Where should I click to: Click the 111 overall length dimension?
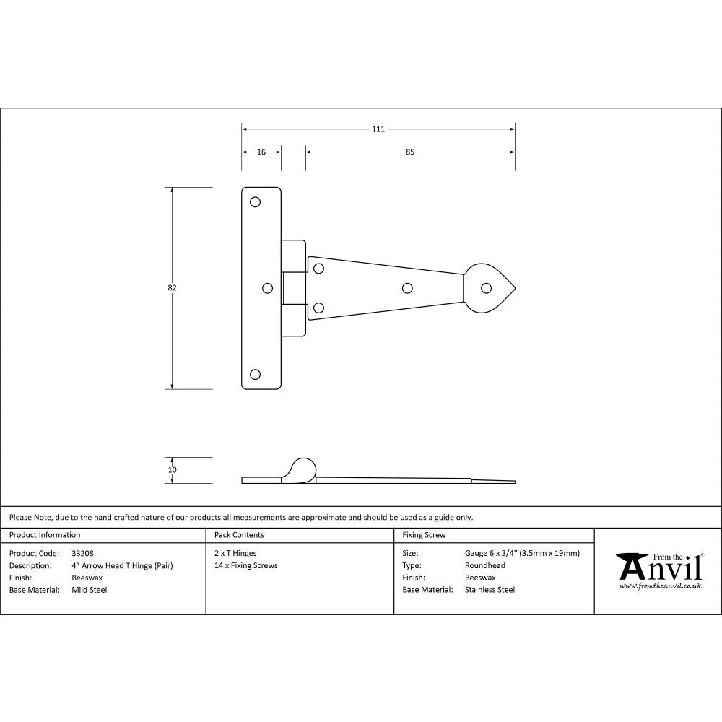click(378, 129)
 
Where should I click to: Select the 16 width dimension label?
click(261, 152)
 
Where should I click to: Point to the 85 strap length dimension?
click(409, 152)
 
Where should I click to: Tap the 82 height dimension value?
click(172, 288)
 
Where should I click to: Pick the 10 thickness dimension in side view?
click(172, 470)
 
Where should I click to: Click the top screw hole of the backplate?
click(255, 202)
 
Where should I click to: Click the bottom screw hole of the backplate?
click(255, 374)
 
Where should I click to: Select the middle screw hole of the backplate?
click(268, 288)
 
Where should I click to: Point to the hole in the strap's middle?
click(406, 288)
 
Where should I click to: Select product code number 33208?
click(83, 553)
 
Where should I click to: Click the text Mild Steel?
click(90, 590)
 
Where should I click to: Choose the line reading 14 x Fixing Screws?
click(246, 565)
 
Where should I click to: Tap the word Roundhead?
click(485, 565)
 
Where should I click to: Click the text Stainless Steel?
click(490, 590)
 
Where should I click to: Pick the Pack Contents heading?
click(239, 535)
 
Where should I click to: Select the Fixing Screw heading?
click(424, 535)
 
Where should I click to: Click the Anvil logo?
click(658, 570)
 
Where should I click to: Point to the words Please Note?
click(30, 517)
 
